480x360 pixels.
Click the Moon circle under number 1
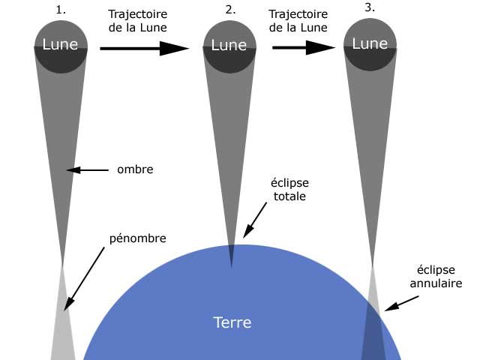[60, 46]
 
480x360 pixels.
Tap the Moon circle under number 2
[229, 46]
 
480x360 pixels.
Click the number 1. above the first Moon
[61, 10]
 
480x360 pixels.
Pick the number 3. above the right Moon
[370, 8]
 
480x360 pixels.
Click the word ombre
[135, 169]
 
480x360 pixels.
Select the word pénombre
[137, 238]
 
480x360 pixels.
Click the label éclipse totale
[289, 189]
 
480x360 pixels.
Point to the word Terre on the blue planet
[232, 323]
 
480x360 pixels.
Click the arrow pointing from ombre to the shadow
[89, 170]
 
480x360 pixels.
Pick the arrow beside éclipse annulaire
[401, 302]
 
